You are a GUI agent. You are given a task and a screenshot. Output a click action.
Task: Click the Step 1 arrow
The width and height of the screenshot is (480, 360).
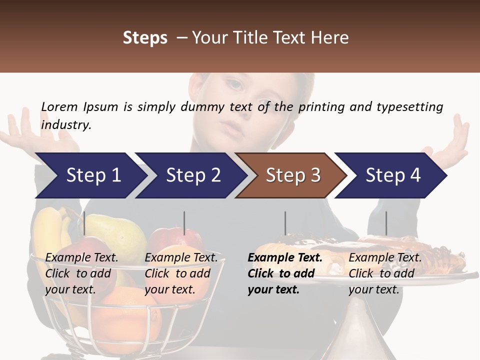click(90, 175)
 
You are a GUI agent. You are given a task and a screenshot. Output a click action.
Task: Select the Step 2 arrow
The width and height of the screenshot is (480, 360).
click(190, 175)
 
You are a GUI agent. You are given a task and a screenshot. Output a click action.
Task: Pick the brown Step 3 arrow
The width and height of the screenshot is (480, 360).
click(291, 175)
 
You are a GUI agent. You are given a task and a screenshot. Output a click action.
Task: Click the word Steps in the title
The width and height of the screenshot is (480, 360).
click(145, 37)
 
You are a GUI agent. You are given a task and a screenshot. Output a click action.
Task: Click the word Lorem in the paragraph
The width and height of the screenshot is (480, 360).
click(59, 106)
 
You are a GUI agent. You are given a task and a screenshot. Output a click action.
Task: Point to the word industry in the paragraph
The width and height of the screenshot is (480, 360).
click(66, 124)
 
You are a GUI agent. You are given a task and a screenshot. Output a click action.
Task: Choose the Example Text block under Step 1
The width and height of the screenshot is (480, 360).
click(81, 273)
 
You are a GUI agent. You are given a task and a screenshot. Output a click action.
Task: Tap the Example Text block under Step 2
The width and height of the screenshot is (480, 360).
click(181, 273)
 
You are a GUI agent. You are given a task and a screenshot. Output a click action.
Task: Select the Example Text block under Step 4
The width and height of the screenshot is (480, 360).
click(385, 273)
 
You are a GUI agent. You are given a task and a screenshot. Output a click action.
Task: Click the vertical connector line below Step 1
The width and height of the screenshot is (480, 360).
click(84, 223)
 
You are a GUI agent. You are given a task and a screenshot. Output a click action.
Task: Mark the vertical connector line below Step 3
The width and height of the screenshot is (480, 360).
click(285, 223)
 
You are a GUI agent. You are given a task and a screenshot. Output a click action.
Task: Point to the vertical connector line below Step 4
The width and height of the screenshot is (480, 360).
click(386, 223)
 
